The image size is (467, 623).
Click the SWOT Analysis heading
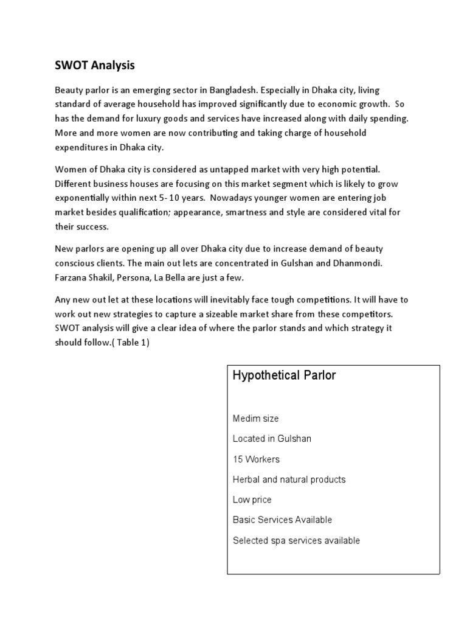coord(94,64)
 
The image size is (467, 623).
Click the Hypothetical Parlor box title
coord(284,375)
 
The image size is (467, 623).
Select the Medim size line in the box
coord(255,419)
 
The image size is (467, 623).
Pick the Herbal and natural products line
coord(289,479)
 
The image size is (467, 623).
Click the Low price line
coord(252,499)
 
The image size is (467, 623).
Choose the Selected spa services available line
coord(296,540)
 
